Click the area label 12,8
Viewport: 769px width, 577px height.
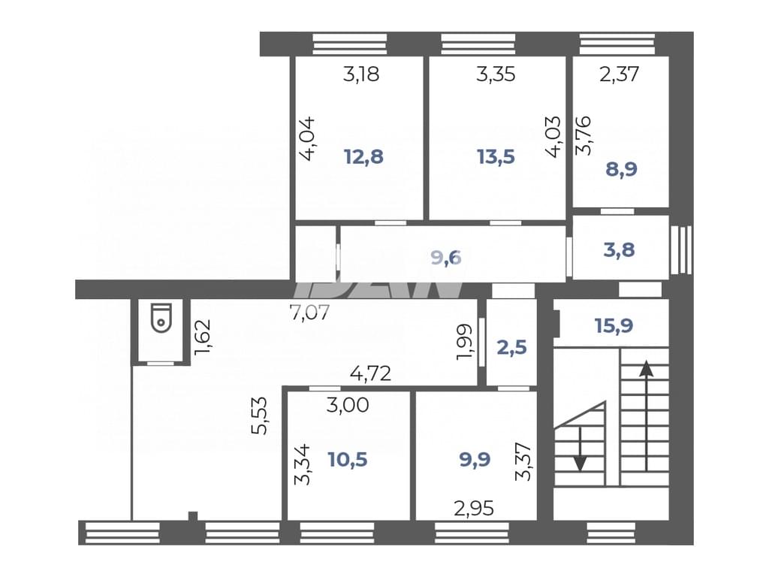[363, 157]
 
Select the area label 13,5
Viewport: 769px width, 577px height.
[496, 157]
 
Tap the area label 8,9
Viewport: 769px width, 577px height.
[621, 169]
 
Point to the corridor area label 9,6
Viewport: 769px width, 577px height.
[446, 257]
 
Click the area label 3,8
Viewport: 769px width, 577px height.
[620, 249]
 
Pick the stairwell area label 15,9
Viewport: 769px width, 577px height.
[614, 325]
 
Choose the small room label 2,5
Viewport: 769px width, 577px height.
[511, 347]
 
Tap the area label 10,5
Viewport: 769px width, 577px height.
[348, 460]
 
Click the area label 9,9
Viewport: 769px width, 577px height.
[475, 460]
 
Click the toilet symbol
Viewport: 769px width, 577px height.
[161, 318]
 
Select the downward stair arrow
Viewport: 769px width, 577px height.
[581, 449]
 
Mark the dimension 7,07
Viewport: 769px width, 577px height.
[310, 312]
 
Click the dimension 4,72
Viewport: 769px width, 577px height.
[371, 374]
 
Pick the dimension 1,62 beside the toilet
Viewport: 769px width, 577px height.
[202, 337]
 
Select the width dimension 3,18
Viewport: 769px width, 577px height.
[361, 74]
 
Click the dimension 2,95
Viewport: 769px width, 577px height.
[474, 509]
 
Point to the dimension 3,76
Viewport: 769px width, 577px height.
[583, 136]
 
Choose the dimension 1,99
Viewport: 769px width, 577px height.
[464, 342]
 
